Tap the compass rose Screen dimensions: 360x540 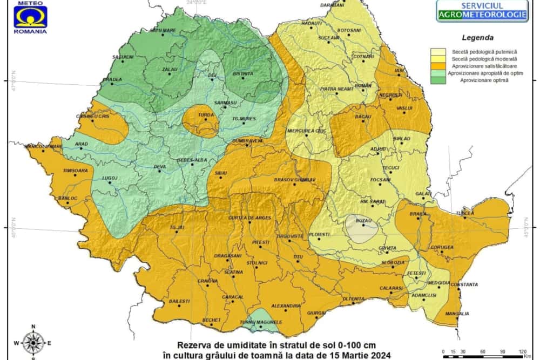pyautogui.click(x=33, y=341)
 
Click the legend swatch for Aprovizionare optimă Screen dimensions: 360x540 pyautogui.click(x=438, y=80)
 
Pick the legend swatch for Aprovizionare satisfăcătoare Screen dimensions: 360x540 pyautogui.click(x=438, y=66)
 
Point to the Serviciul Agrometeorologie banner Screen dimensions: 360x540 pyautogui.click(x=482, y=11)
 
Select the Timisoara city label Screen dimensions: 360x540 pyautogui.click(x=75, y=171)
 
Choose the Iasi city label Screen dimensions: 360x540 pyautogui.click(x=399, y=70)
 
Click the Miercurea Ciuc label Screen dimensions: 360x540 pyautogui.click(x=308, y=131)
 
